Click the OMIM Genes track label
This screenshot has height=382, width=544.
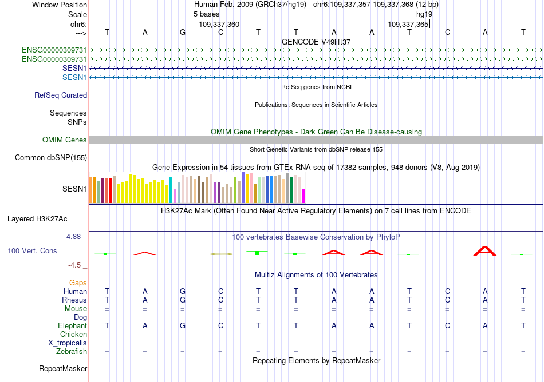coord(64,140)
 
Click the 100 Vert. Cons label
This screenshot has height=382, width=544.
coord(32,250)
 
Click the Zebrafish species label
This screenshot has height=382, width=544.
coord(72,352)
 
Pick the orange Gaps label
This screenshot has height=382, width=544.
coord(78,282)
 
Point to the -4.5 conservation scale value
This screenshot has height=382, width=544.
coord(75,265)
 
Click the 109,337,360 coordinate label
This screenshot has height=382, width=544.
coord(219,25)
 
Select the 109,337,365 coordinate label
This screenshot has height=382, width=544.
coord(408,25)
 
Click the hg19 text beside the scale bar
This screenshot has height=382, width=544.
coord(424,14)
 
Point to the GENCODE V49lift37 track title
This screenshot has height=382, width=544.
coord(316,42)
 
